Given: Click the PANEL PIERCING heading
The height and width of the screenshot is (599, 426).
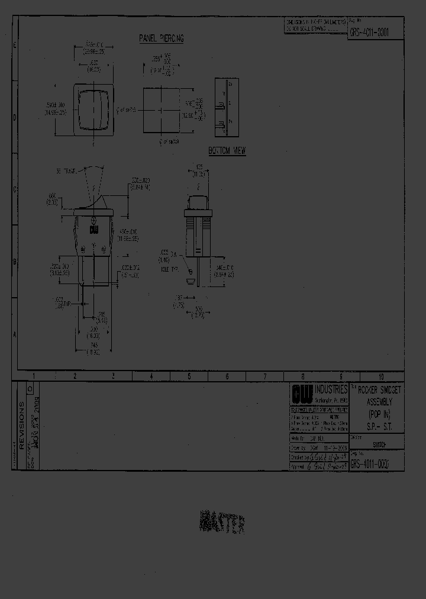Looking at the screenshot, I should pos(161,38).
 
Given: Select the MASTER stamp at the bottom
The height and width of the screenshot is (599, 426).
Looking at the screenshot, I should pos(223,523).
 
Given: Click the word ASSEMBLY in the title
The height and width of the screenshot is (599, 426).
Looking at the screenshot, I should pos(375,401).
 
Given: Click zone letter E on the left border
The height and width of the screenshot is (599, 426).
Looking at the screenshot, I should pos(15,45).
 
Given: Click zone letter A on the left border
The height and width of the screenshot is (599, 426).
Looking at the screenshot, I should pos(15,334).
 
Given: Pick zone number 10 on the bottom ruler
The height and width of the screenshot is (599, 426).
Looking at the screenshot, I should pos(381,376).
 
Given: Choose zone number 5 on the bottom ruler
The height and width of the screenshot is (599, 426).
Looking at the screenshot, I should pos(189,376).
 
